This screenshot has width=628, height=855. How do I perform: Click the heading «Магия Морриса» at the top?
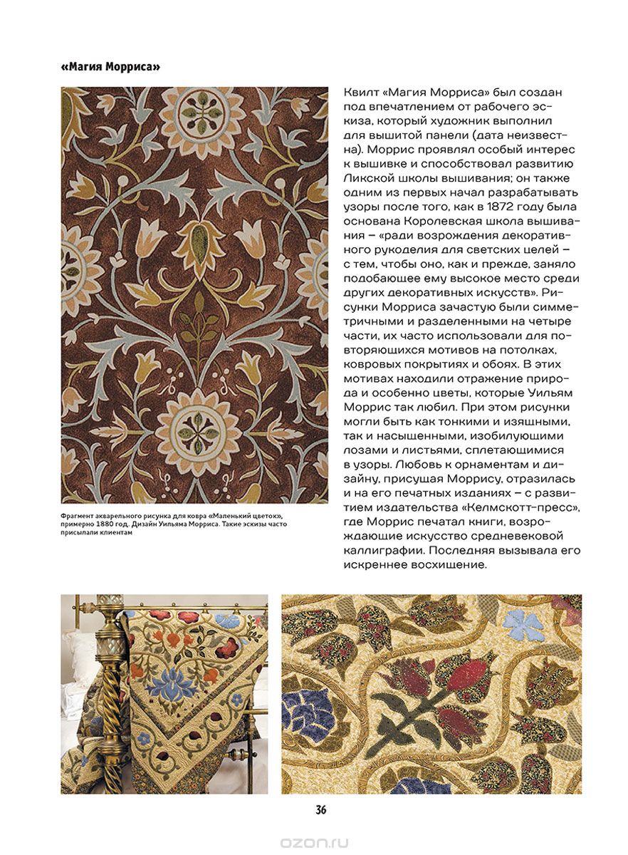click(110, 68)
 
